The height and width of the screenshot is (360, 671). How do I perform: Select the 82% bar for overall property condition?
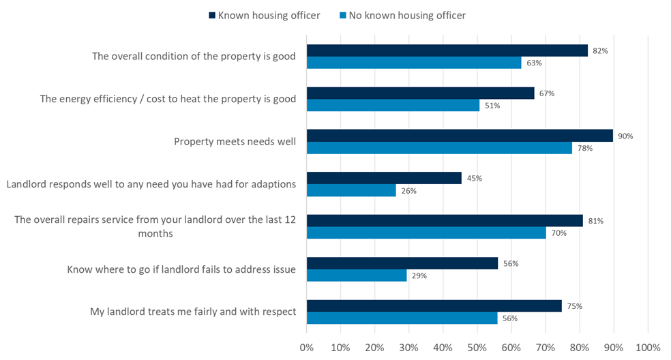pyautogui.click(x=447, y=50)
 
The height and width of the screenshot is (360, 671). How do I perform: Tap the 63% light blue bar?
pyautogui.click(x=414, y=63)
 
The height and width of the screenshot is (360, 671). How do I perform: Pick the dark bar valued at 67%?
pyautogui.click(x=420, y=93)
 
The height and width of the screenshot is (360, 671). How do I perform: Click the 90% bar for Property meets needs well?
pyautogui.click(x=460, y=136)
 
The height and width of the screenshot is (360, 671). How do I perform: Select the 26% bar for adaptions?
pyautogui.click(x=351, y=191)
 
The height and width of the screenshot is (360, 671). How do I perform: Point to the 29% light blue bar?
pyautogui.click(x=356, y=275)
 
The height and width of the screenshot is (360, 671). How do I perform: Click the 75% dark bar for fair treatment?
pyautogui.click(x=434, y=306)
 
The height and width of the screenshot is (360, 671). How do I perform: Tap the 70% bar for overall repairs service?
pyautogui.click(x=426, y=233)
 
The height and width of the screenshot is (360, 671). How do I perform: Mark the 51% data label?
pyautogui.click(x=492, y=106)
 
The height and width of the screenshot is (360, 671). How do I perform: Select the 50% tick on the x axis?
pyautogui.click(x=477, y=347)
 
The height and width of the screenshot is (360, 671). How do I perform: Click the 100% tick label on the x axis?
pyautogui.click(x=647, y=347)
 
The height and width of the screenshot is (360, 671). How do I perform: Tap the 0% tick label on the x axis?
pyautogui.click(x=307, y=347)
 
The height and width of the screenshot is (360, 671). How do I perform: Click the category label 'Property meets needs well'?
pyautogui.click(x=235, y=142)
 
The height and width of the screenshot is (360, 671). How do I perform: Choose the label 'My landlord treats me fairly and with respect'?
pyautogui.click(x=193, y=312)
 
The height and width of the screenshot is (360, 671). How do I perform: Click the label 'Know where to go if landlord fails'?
pyautogui.click(x=181, y=269)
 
